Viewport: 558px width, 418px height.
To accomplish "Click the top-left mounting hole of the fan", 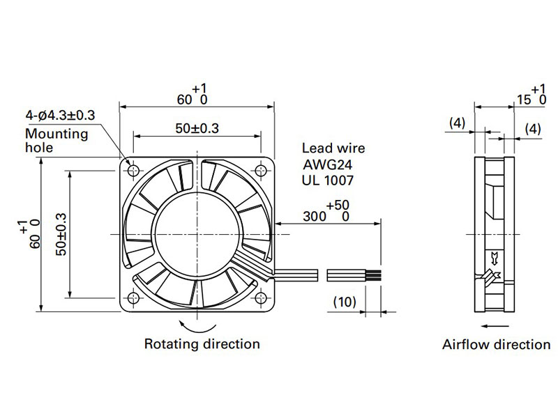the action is click(x=133, y=171).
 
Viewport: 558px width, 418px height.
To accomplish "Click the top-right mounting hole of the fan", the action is click(x=261, y=171).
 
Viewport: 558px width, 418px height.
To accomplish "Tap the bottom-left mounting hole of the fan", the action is click(x=133, y=298).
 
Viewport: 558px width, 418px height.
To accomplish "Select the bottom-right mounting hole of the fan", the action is click(x=261, y=298).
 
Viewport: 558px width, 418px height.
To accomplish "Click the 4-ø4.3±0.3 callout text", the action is click(x=60, y=115).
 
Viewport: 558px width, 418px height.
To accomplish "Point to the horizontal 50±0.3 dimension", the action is click(x=197, y=128).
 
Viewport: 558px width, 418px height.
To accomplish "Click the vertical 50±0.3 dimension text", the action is click(x=61, y=234).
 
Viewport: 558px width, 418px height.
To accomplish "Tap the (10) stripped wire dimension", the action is click(x=345, y=302).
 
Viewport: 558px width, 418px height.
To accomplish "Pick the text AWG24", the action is click(x=327, y=164).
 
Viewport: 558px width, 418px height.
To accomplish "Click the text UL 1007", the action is click(x=328, y=180).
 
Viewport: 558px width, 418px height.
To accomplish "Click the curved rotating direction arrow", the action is click(x=197, y=329).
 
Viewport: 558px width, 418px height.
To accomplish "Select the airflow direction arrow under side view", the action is click(x=495, y=325).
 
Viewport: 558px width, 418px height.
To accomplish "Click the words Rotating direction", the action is click(x=202, y=343).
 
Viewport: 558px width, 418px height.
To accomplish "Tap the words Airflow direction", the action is click(x=496, y=344).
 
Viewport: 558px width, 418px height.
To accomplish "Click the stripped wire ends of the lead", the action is click(x=373, y=275).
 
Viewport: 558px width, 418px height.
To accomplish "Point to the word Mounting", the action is click(x=56, y=134).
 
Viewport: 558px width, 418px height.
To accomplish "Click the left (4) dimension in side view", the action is click(x=458, y=123).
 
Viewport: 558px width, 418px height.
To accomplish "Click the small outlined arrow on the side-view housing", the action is click(x=495, y=258).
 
